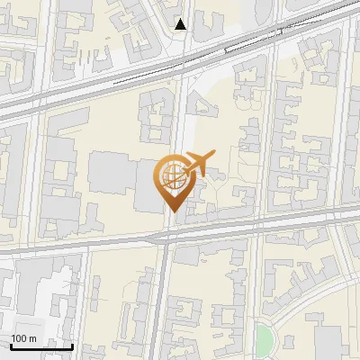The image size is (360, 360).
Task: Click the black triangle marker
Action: pyautogui.click(x=181, y=24)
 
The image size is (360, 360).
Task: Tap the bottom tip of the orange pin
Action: pyautogui.click(x=171, y=211)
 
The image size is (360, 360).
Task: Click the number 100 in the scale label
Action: pyautogui.click(x=19, y=337)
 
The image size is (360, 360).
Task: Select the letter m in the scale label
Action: pyautogui.click(x=32, y=337)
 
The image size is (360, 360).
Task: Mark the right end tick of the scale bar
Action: pyautogui.click(x=72, y=345)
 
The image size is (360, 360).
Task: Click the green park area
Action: pyautogui.click(x=263, y=340)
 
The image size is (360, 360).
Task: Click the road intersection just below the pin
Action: pyautogui.click(x=168, y=236)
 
